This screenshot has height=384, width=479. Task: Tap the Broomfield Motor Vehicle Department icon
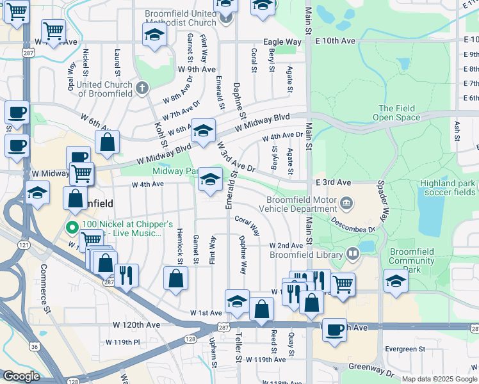[x=346, y=203]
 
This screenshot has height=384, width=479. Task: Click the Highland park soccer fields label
[x=448, y=187]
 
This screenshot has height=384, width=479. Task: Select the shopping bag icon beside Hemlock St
[x=175, y=278]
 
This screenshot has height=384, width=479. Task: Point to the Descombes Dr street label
[x=353, y=225]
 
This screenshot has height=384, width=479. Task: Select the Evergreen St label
[x=405, y=349]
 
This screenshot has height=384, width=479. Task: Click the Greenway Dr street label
[x=371, y=370]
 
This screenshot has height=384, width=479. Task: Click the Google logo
[x=21, y=376]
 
